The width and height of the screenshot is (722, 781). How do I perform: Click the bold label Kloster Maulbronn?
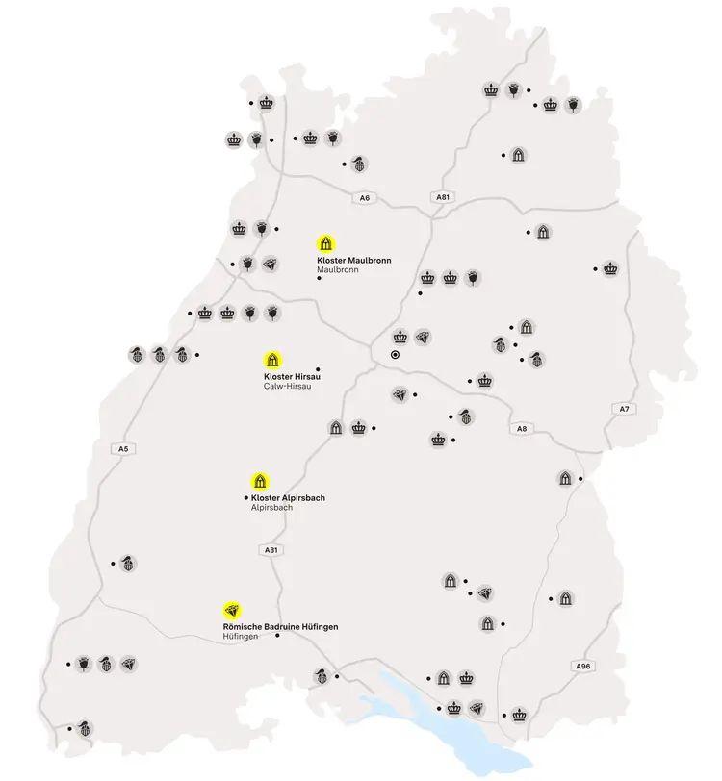click(x=353, y=261)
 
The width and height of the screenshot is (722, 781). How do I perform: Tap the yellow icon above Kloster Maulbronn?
click(x=326, y=242)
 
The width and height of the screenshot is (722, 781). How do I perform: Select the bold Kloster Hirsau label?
click(x=292, y=376)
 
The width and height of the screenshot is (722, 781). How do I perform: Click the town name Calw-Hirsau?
click(x=287, y=387)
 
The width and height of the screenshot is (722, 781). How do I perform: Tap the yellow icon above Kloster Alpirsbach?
click(x=259, y=480)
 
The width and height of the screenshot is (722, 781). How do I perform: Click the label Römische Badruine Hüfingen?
click(x=280, y=626)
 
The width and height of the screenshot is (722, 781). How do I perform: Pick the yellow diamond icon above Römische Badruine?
click(x=232, y=609)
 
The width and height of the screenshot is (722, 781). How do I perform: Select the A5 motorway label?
click(x=122, y=448)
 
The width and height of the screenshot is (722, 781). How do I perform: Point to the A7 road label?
click(x=624, y=409)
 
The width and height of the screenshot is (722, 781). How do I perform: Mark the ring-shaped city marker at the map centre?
click(x=395, y=355)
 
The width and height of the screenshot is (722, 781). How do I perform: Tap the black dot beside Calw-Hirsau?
click(x=318, y=368)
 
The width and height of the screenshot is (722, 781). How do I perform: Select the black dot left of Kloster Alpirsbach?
click(x=246, y=497)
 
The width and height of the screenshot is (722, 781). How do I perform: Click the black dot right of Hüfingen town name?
click(x=278, y=636)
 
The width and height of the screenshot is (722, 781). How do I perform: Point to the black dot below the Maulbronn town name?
click(x=320, y=281)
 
